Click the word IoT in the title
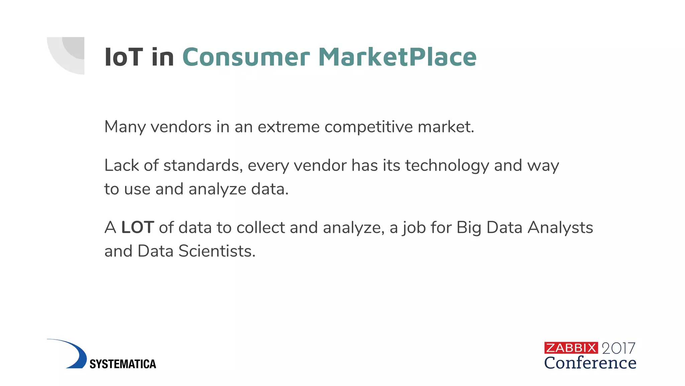point(123,57)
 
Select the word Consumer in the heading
point(246,57)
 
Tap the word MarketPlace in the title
point(397,57)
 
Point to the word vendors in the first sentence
point(181,127)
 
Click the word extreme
point(288,127)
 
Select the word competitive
point(368,127)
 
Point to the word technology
point(447,166)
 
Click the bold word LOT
point(137,228)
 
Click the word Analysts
point(560,228)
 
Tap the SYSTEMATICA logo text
point(123,364)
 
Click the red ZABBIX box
point(571,348)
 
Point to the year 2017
point(618,348)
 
